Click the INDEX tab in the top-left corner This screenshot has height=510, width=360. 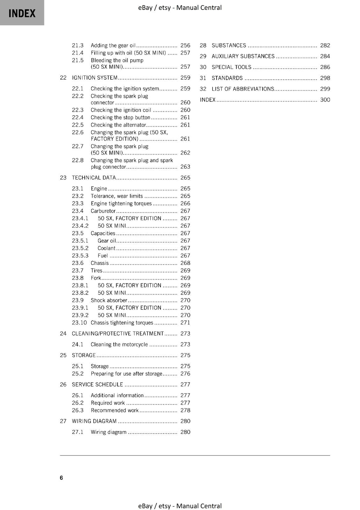pos(22,13)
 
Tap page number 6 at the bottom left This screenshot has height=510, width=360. pos(61,477)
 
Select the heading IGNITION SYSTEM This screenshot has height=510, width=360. pos(95,78)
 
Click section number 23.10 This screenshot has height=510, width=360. pos(79,323)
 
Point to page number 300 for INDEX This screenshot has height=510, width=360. pos(325,100)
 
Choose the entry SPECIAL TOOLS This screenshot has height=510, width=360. pos(231,67)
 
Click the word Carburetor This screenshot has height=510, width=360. pos(103,211)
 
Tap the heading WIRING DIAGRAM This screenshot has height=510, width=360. pos(94,421)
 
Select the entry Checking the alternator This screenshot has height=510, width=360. pos(118,125)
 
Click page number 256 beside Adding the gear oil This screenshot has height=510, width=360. pos(185,46)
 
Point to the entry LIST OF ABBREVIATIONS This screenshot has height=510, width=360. pos(243,89)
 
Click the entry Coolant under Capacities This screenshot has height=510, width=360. pos(106,248)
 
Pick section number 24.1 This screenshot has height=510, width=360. pos(77,345)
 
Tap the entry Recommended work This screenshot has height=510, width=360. pos(114,411)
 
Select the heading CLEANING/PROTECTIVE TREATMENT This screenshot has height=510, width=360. pos(118,334)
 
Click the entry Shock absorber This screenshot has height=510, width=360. pos(109,300)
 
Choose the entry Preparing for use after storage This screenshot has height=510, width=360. pos(126,374)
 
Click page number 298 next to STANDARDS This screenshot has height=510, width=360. pos(325,78)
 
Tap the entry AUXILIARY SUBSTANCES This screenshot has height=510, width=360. pos(243,56)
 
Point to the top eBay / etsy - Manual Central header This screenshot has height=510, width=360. pos(180,8)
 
